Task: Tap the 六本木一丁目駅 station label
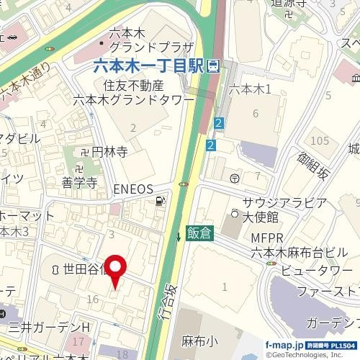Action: pyautogui.click(x=148, y=66)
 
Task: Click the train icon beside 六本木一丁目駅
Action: pyautogui.click(x=213, y=66)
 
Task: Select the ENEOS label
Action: pyautogui.click(x=134, y=189)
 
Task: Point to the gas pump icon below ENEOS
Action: pyautogui.click(x=159, y=202)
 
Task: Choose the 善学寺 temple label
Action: pyautogui.click(x=79, y=183)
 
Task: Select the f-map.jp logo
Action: pyautogui.click(x=284, y=346)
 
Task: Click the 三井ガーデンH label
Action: pyautogui.click(x=47, y=327)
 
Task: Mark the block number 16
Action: pyautogui.click(x=92, y=298)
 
